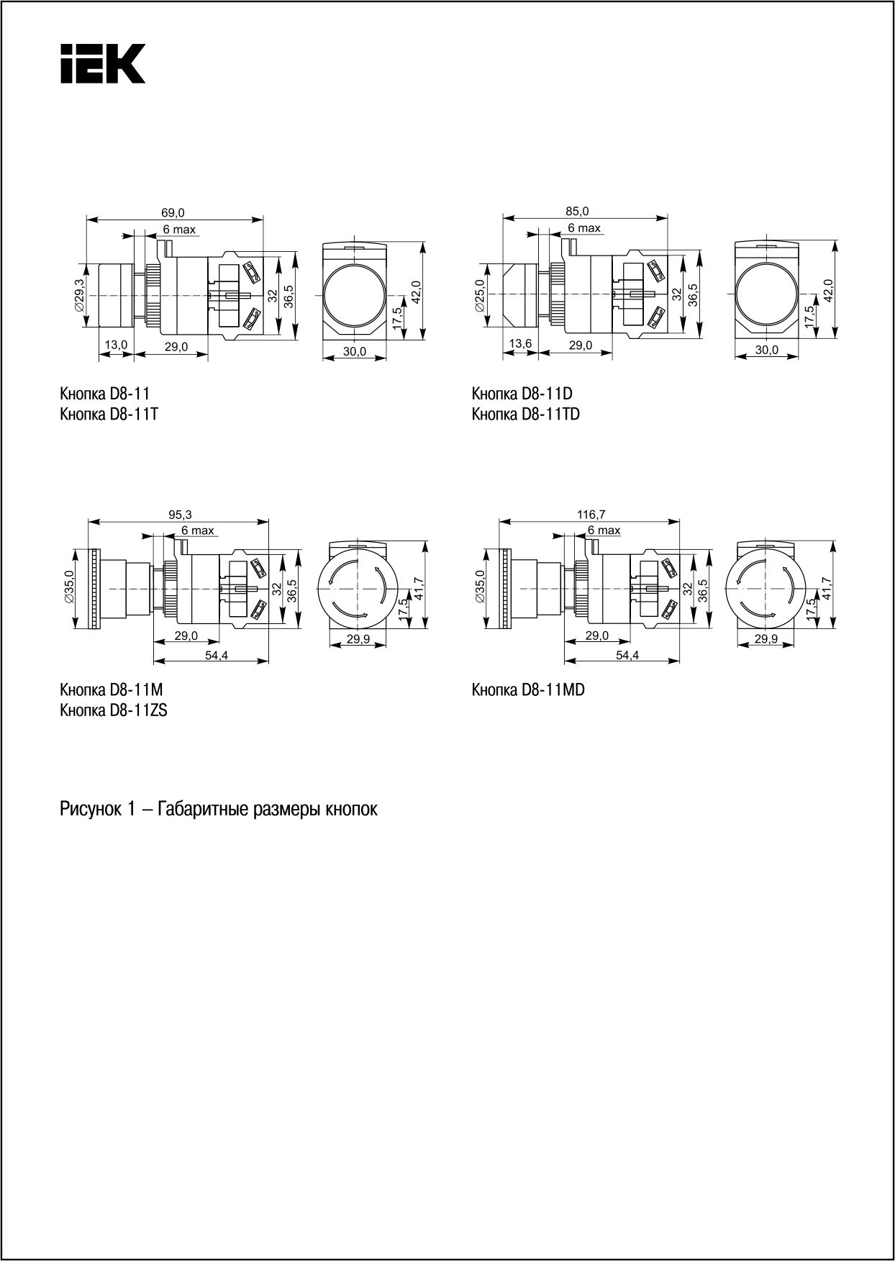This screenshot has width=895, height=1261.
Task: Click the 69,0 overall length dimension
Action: click(x=173, y=212)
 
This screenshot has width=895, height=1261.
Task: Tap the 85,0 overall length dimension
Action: click(x=577, y=211)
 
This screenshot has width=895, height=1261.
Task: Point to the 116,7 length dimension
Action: click(x=591, y=514)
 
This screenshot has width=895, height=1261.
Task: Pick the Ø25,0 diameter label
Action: click(x=481, y=296)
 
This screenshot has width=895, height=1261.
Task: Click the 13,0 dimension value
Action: click(x=115, y=345)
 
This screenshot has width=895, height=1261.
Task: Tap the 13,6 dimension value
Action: click(x=519, y=344)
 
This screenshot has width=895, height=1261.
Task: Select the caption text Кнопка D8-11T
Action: click(x=109, y=415)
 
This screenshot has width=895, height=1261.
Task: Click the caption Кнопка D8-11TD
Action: click(x=526, y=415)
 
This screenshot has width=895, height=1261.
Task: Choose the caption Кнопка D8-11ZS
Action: click(x=114, y=711)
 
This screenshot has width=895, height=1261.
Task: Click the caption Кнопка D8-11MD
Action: click(x=528, y=690)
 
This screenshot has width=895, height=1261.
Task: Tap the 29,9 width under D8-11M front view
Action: click(x=358, y=639)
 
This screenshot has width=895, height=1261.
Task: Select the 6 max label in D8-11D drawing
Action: click(x=583, y=228)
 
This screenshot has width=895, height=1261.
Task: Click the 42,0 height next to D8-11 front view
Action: click(x=417, y=293)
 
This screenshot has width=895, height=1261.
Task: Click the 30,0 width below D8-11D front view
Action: click(x=766, y=350)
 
